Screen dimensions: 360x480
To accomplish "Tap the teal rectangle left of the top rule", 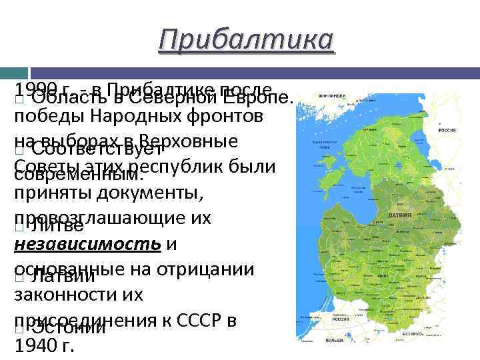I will [14, 71].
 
